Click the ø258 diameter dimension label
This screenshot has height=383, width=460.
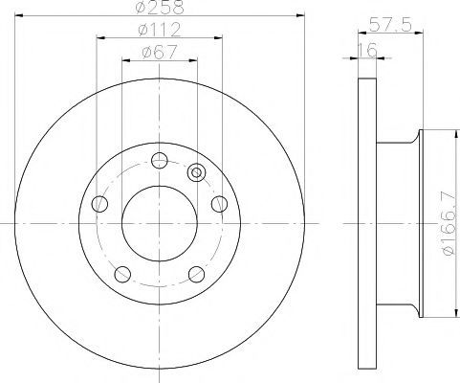[x=160, y=7]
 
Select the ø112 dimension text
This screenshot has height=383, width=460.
[x=160, y=30]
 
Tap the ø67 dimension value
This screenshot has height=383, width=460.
[x=160, y=52]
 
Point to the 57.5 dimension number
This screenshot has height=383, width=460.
[x=391, y=25]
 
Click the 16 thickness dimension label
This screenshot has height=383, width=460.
[x=367, y=50]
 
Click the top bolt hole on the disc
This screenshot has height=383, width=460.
[x=160, y=160]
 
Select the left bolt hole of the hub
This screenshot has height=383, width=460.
[x=99, y=204]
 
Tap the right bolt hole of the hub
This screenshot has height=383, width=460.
[x=219, y=204]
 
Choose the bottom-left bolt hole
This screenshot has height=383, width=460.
[x=122, y=274]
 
